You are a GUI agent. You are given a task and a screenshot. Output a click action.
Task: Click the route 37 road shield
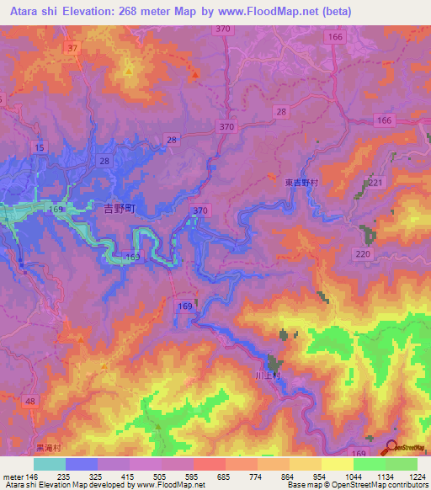coord(73,48)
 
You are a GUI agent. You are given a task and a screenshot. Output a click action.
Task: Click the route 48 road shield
coord(30,403)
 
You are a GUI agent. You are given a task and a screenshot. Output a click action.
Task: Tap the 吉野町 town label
coord(118,206)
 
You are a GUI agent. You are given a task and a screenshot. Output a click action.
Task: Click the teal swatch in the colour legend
coord(49,464)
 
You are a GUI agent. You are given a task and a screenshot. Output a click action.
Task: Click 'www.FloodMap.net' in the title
coord(283,11)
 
